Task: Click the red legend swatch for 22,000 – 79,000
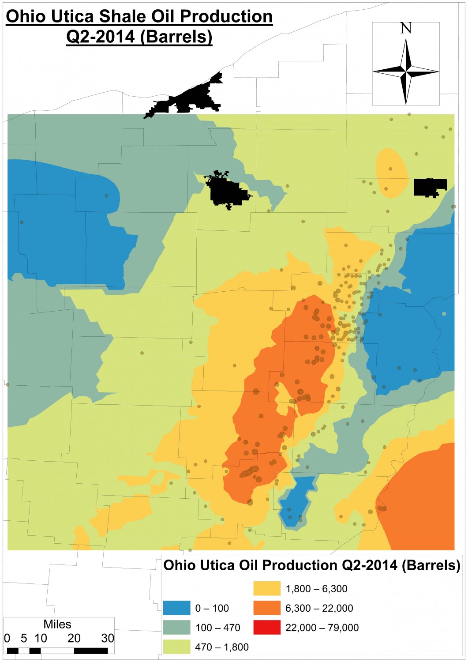tap(267, 627)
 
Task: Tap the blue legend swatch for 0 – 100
tap(176, 608)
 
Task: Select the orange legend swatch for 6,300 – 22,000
tap(267, 608)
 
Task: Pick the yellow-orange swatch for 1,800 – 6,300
tap(267, 588)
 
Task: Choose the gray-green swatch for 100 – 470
tap(176, 627)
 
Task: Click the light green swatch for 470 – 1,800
tap(176, 647)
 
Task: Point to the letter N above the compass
tap(406, 28)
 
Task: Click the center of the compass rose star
tap(406, 71)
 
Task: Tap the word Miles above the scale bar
tap(57, 624)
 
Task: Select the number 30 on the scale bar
tap(108, 638)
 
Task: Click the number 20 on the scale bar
tap(74, 638)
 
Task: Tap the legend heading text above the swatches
tap(312, 565)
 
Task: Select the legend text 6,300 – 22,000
tap(319, 608)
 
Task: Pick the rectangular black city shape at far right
tap(430, 187)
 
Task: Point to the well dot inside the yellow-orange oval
tap(390, 169)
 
